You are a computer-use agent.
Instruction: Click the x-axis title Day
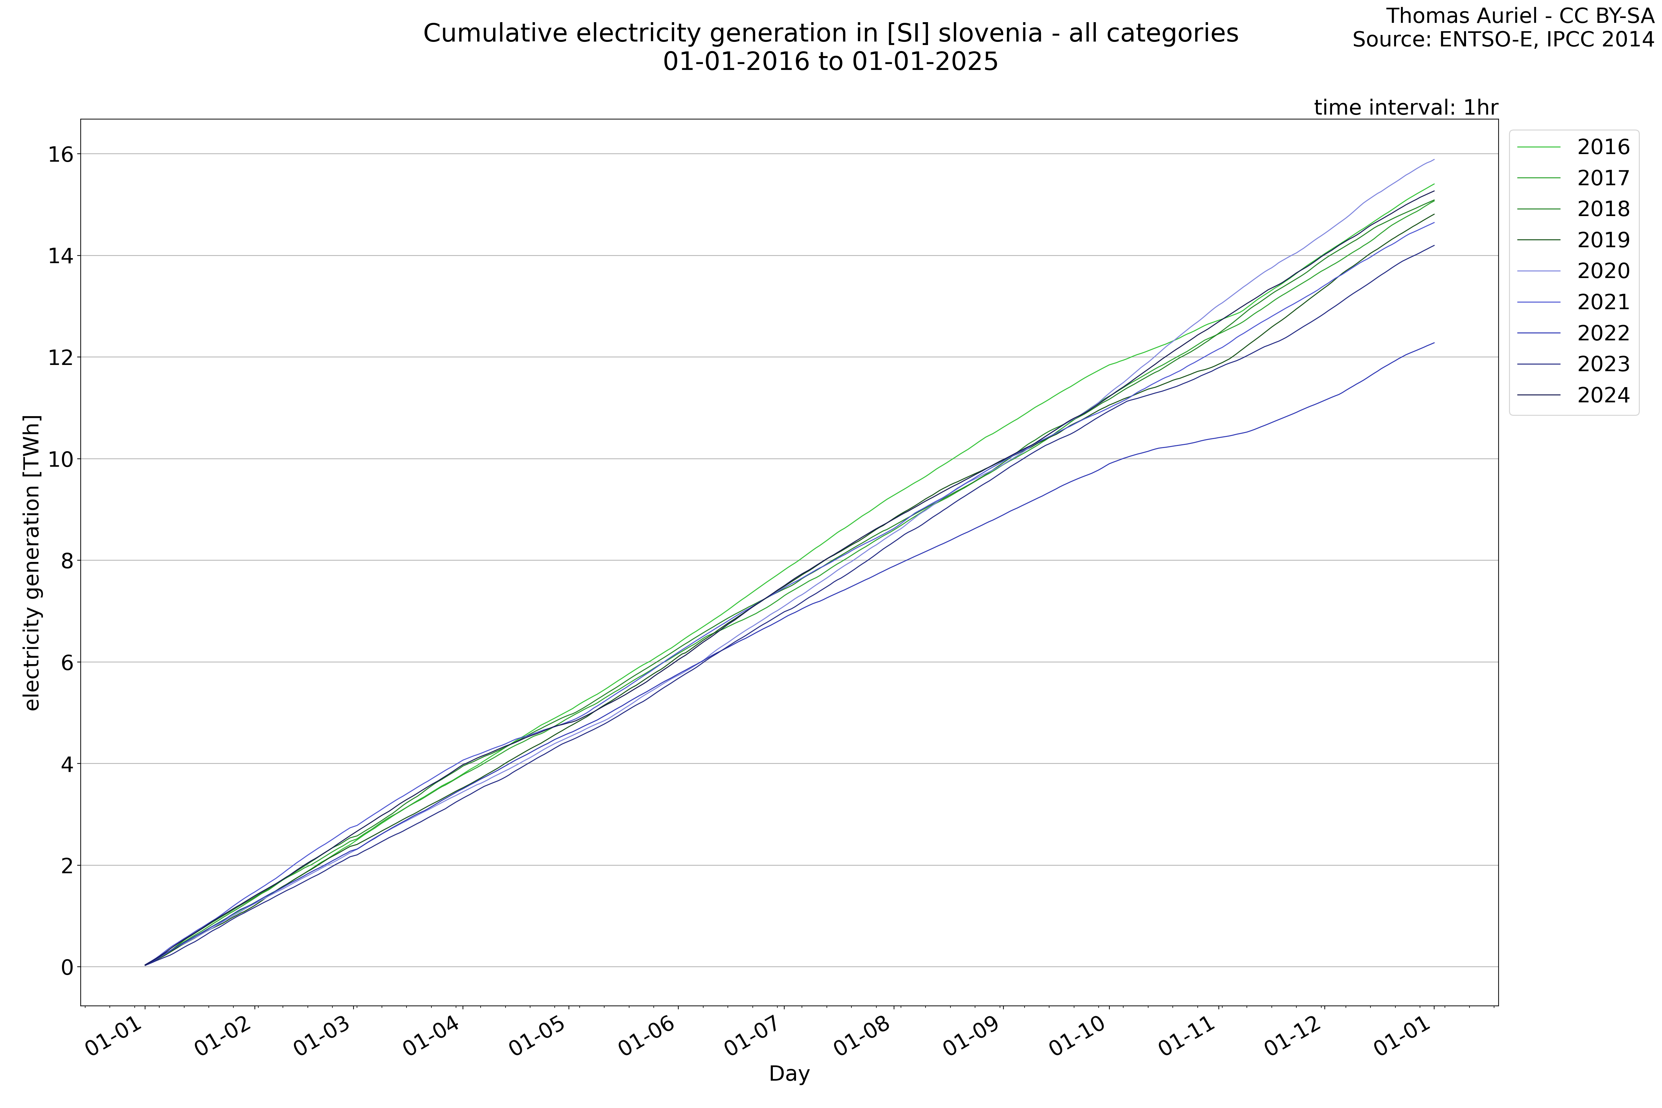(x=789, y=1074)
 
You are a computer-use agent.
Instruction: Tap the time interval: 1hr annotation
(x=1405, y=107)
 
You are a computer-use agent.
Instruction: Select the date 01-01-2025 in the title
(x=925, y=62)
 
